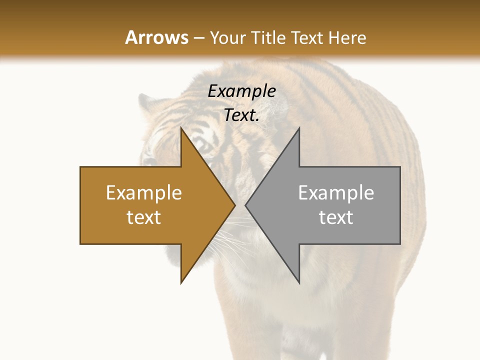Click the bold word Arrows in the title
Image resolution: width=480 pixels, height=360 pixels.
156,37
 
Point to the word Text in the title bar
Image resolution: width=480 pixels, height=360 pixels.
307,37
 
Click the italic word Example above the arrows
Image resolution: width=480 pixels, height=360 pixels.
241,91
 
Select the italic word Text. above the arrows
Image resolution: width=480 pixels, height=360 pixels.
241,115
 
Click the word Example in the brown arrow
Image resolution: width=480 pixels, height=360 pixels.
144,193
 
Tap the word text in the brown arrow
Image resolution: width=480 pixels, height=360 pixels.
144,217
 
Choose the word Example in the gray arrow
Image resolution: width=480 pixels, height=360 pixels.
336,193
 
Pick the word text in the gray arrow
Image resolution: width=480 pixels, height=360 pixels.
336,217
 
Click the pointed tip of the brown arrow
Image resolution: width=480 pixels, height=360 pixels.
235,205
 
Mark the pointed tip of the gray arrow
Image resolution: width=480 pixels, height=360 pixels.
245,205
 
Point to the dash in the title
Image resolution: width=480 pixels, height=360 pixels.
198,38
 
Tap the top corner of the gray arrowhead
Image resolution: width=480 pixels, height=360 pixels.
299,127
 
